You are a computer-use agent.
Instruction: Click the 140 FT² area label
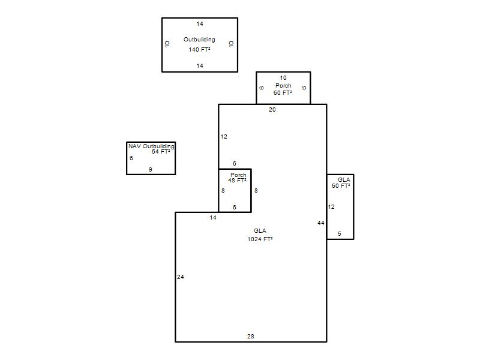199,49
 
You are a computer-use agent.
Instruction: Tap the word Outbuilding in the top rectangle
199,40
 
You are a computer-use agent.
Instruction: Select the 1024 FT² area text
260,239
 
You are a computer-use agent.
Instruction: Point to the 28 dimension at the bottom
250,336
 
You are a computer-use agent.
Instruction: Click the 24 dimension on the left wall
181,277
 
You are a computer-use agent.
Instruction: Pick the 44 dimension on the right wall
320,223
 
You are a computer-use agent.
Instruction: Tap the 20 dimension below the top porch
272,110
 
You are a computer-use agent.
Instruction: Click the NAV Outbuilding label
151,146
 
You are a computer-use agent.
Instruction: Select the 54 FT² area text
161,152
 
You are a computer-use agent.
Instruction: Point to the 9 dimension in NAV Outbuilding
151,169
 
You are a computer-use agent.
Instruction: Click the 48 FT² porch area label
237,181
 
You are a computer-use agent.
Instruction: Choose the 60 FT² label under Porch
283,92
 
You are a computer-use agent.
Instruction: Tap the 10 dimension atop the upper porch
283,78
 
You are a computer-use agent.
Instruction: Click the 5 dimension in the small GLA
340,234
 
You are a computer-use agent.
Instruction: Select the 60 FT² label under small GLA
341,185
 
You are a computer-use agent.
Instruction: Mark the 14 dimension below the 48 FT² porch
213,217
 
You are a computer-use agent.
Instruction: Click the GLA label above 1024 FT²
260,231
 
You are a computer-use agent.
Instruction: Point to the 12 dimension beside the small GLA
331,207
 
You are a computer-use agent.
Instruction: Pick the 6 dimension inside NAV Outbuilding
131,158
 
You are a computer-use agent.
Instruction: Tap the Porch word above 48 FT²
238,175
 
